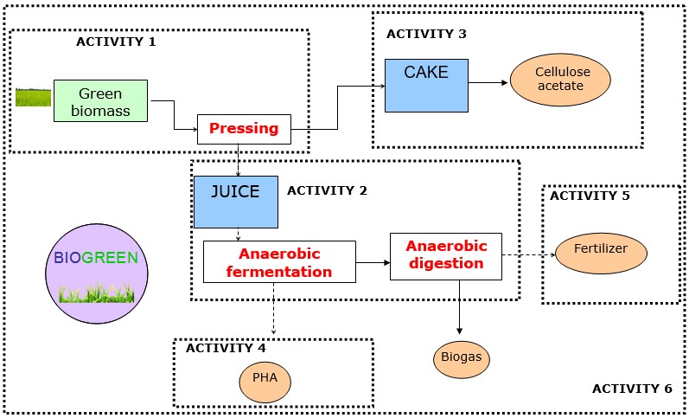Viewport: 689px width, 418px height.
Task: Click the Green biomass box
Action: [100, 100]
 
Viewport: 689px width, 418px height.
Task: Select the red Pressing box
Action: [244, 129]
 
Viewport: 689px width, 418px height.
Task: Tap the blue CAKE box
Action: [426, 85]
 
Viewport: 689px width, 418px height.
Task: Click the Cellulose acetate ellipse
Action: [559, 80]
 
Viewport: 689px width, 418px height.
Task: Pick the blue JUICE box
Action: [235, 202]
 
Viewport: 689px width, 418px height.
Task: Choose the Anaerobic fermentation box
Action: [279, 261]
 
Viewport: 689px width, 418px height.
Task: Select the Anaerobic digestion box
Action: [446, 256]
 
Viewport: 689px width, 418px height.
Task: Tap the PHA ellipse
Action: [265, 380]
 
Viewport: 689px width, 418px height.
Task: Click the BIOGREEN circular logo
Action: [94, 273]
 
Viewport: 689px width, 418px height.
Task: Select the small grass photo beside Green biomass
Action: [33, 96]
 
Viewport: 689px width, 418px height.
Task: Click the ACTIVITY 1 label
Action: [116, 41]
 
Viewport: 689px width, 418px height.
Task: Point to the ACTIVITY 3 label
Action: [426, 34]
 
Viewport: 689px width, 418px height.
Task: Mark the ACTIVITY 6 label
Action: [632, 388]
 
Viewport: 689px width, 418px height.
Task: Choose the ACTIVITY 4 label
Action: [226, 348]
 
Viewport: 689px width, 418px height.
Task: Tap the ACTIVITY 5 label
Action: [590, 196]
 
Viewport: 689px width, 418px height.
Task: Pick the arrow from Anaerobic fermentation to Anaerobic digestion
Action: [373, 261]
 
